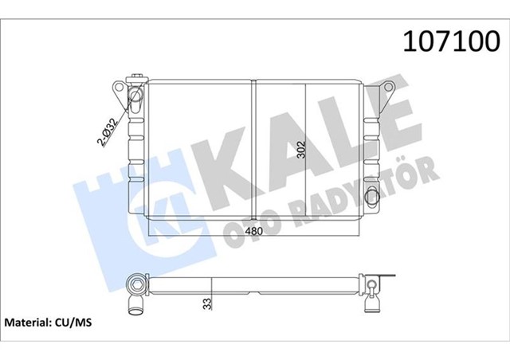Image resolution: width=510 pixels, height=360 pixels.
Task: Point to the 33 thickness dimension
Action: [209, 303]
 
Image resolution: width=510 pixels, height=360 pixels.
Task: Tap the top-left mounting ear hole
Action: [118, 85]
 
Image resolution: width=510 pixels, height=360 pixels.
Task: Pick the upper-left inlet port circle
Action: [136, 100]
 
